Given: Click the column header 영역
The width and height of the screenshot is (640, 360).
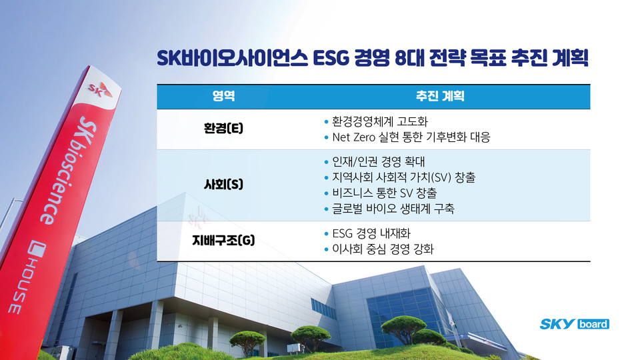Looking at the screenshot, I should point(223,97).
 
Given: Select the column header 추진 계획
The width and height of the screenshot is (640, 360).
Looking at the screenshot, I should point(440,97).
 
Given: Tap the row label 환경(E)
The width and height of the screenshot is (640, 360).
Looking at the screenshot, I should point(223,129).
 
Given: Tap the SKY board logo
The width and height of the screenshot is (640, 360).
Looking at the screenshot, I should point(574,324).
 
